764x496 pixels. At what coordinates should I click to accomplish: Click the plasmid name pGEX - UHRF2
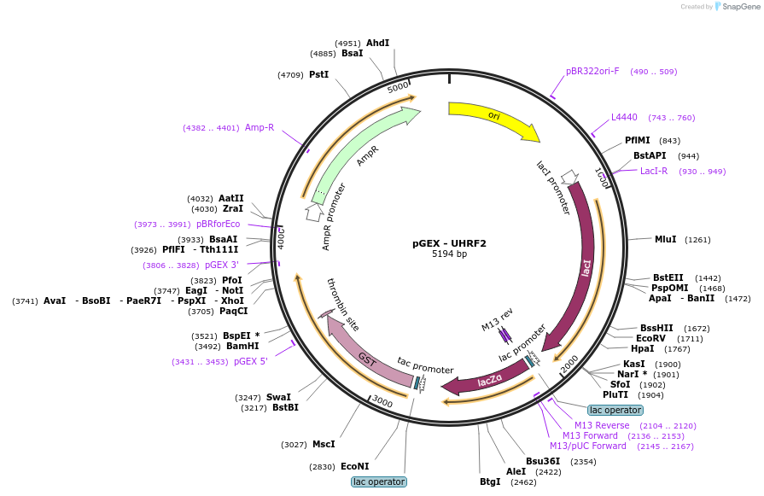[449, 243]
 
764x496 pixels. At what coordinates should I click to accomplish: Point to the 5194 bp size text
[449, 254]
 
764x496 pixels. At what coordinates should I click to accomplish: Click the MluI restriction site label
[666, 239]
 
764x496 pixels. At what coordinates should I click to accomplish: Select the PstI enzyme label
[319, 74]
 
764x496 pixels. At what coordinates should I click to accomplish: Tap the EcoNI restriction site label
[355, 466]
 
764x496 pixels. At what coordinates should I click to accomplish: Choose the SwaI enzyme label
[278, 397]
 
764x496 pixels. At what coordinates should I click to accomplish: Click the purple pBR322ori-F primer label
[592, 71]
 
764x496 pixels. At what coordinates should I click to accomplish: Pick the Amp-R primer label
[260, 127]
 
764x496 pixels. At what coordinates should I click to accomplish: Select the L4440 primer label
[624, 117]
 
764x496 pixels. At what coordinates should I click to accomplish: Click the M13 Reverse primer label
[602, 425]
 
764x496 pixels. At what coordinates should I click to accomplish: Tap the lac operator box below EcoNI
[379, 481]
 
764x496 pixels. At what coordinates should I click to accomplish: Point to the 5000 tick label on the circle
[398, 87]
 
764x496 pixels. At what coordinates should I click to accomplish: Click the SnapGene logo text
[741, 6]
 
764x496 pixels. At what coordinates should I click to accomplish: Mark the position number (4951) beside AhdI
[348, 44]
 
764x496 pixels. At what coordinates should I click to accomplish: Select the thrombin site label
[343, 305]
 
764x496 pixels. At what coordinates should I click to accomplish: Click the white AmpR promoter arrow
[314, 212]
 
